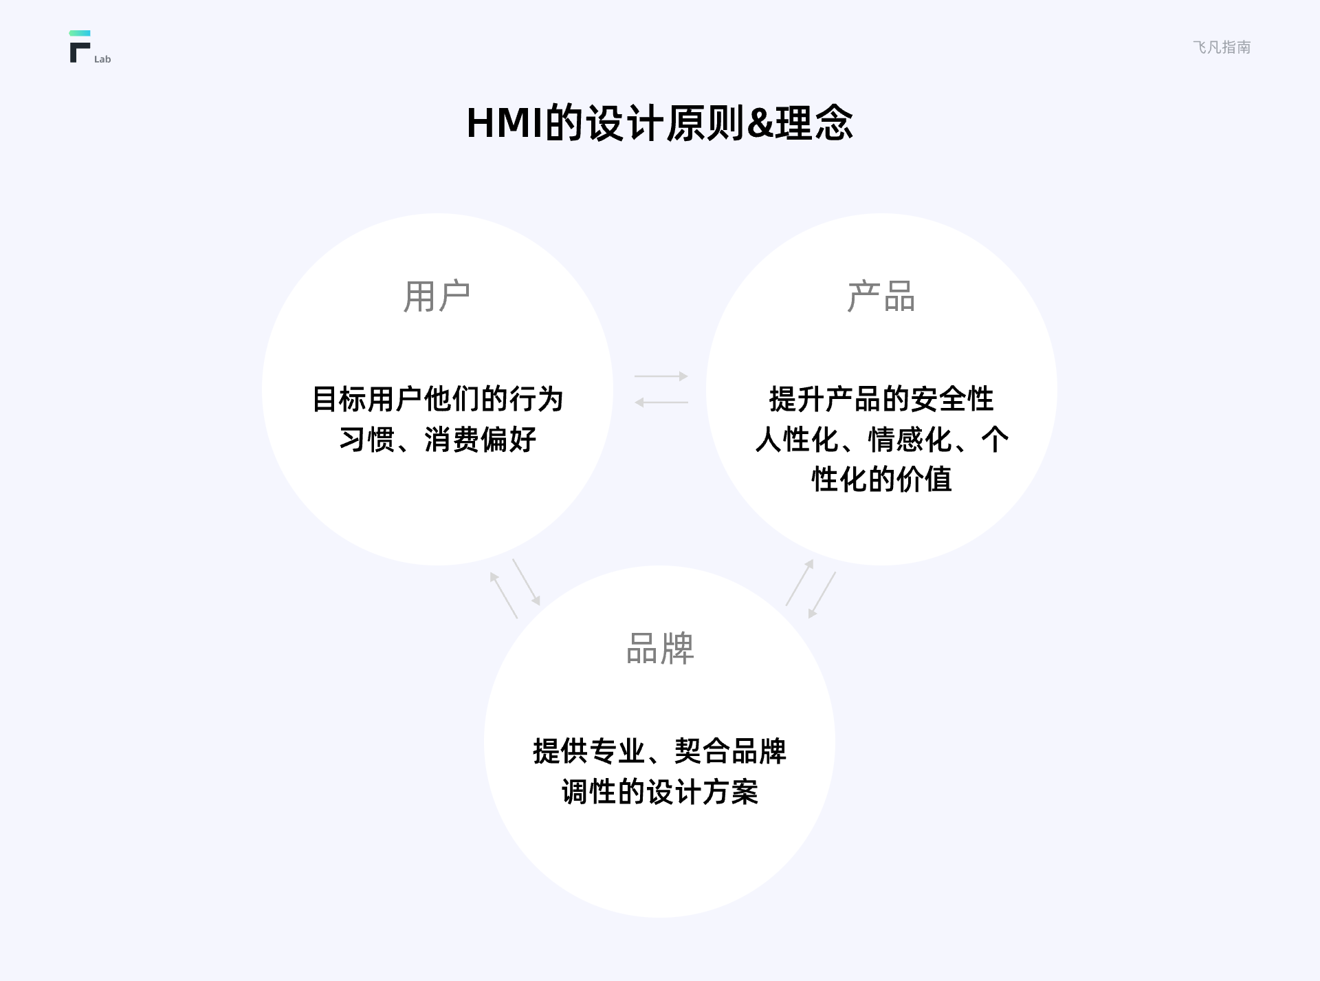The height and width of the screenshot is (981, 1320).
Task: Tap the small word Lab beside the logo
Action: (x=102, y=59)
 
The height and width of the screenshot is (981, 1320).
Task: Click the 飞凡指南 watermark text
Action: (x=1222, y=47)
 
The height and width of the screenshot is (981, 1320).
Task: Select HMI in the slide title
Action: (x=505, y=124)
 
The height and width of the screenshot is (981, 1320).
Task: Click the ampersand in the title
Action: (x=760, y=124)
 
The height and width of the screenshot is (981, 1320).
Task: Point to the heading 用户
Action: (x=437, y=297)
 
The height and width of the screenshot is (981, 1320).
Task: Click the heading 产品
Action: (x=881, y=297)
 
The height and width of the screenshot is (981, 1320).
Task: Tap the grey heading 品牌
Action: (x=660, y=648)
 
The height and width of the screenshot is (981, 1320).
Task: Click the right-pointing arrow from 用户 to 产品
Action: (x=661, y=376)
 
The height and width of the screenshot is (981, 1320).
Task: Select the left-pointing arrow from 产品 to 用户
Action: (x=661, y=402)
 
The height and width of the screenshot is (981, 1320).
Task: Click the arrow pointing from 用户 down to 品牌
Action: (x=527, y=582)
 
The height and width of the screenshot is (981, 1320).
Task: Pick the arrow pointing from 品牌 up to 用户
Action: (x=503, y=595)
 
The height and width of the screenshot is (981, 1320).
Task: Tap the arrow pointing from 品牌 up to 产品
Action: (x=800, y=582)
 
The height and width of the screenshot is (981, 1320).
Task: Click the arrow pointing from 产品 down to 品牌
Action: (x=822, y=595)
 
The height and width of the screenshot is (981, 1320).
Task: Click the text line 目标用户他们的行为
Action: (x=437, y=399)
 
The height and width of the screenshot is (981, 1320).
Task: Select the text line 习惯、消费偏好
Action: (x=437, y=440)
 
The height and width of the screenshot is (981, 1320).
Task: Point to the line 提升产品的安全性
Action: (x=881, y=399)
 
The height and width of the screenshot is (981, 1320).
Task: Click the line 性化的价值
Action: (x=881, y=479)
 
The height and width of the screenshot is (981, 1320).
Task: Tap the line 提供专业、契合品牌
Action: (x=660, y=751)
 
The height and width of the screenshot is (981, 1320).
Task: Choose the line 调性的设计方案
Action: (x=660, y=792)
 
